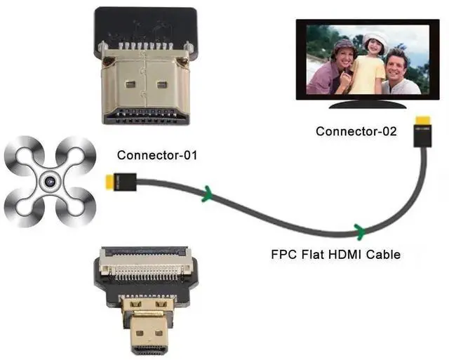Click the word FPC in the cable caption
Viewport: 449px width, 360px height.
(284, 254)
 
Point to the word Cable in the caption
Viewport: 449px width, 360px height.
(384, 254)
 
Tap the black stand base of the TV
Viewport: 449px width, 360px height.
(368, 104)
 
